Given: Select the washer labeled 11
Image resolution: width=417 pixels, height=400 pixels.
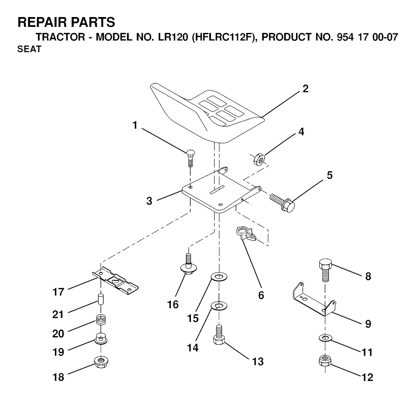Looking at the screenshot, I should (x=325, y=337).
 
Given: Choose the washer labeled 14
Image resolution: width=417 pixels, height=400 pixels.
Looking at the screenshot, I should (x=219, y=305).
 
